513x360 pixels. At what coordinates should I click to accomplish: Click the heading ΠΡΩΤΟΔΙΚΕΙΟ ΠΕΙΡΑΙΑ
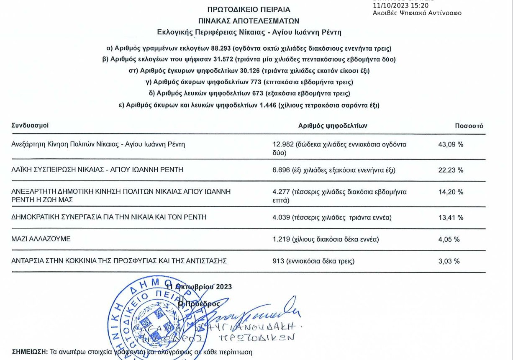pos(249,10)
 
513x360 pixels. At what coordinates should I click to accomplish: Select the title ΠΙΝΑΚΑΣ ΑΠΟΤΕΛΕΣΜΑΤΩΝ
pos(249,21)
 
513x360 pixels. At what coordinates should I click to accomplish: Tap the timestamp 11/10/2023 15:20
pos(400,5)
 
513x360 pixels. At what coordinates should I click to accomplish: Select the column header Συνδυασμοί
pos(30,125)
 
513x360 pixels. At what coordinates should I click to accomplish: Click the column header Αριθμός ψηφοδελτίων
pos(333,126)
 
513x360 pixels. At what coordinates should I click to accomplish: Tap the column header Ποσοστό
pos(469,126)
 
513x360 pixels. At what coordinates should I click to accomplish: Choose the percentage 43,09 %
pos(450,144)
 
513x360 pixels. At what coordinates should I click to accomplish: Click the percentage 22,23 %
pos(450,170)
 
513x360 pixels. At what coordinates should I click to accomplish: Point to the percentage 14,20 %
pos(450,192)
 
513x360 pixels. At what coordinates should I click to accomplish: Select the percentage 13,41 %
pos(450,217)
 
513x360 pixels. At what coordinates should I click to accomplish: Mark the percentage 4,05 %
pos(449,239)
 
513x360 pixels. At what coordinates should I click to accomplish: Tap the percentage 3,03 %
pos(449,261)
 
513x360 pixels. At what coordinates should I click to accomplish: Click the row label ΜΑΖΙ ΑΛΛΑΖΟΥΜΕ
pos(41,239)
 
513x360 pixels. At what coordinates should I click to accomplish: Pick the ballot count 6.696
pos(281,170)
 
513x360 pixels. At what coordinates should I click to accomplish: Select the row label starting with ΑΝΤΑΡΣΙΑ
pos(119,261)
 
